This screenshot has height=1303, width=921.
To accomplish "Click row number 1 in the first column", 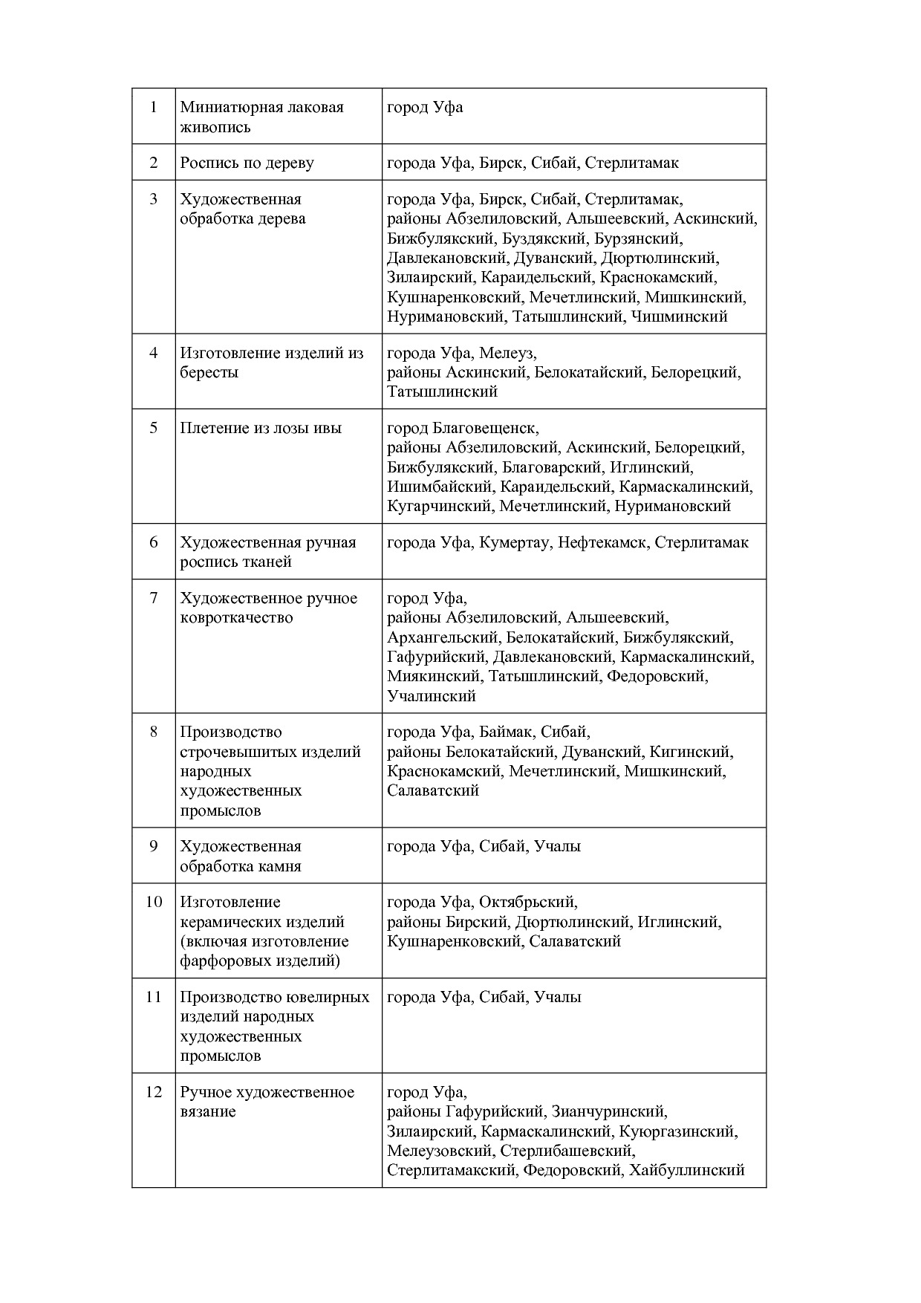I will point(154,107).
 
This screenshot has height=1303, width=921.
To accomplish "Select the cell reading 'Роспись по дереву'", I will point(247,163).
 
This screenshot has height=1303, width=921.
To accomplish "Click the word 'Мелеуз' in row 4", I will point(507,353).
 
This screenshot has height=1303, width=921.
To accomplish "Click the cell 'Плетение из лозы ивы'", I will point(261,429).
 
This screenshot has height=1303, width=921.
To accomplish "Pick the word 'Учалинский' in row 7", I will point(431,696).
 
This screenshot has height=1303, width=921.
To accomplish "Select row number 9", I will point(154,846).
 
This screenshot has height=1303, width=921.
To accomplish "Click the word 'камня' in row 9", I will point(279,866).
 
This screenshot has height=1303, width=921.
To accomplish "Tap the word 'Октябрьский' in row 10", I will point(527,903).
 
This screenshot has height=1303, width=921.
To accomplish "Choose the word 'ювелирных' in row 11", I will point(332,997).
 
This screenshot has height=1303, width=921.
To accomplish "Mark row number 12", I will point(154,1092).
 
